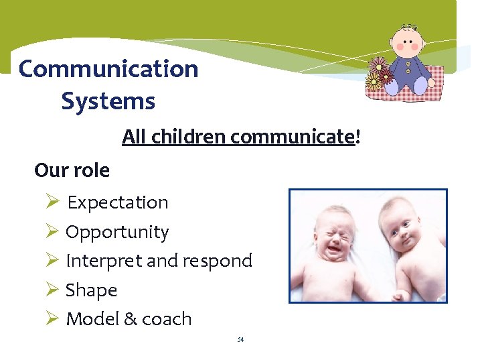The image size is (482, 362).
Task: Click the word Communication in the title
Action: pyautogui.click(x=108, y=69)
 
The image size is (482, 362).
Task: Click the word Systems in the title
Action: pyautogui.click(x=108, y=102)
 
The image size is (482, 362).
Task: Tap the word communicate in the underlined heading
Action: pyautogui.click(x=291, y=137)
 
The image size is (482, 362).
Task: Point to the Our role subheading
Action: pyautogui.click(x=72, y=170)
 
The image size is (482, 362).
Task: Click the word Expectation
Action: pyautogui.click(x=118, y=202)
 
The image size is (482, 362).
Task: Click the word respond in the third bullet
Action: pyautogui.click(x=216, y=261)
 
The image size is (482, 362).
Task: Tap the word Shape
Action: pyautogui.click(x=91, y=290)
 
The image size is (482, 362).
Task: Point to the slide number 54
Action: pyautogui.click(x=240, y=340)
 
